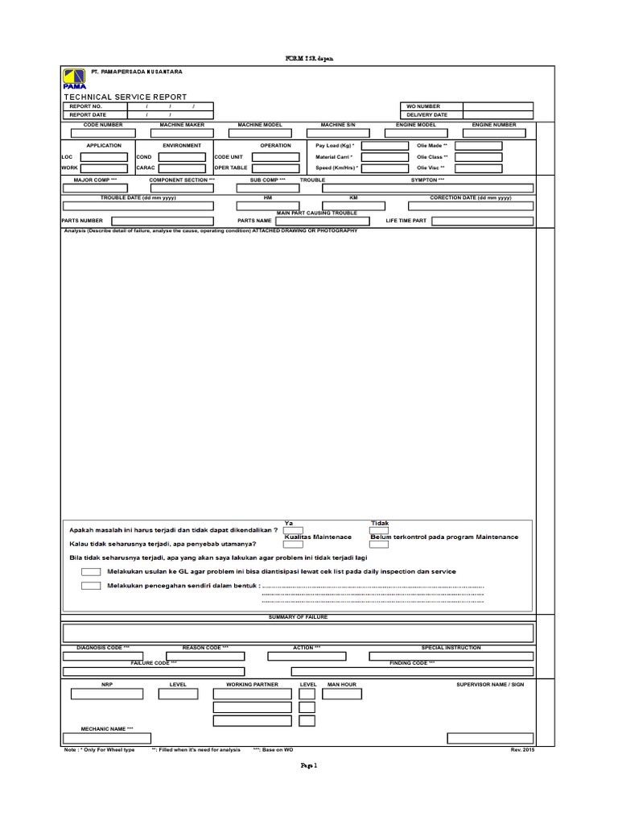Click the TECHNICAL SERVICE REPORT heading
(125, 97)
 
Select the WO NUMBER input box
(497, 106)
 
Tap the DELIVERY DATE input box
(497, 115)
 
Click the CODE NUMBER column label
(103, 125)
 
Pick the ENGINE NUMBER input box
(494, 134)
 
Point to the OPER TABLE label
(230, 168)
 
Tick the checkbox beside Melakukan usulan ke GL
(91, 571)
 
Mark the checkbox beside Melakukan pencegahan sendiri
(91, 586)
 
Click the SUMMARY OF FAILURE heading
(298, 617)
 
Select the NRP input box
(106, 694)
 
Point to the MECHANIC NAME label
(107, 728)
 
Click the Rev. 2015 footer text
(521, 749)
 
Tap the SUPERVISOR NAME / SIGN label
(490, 684)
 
